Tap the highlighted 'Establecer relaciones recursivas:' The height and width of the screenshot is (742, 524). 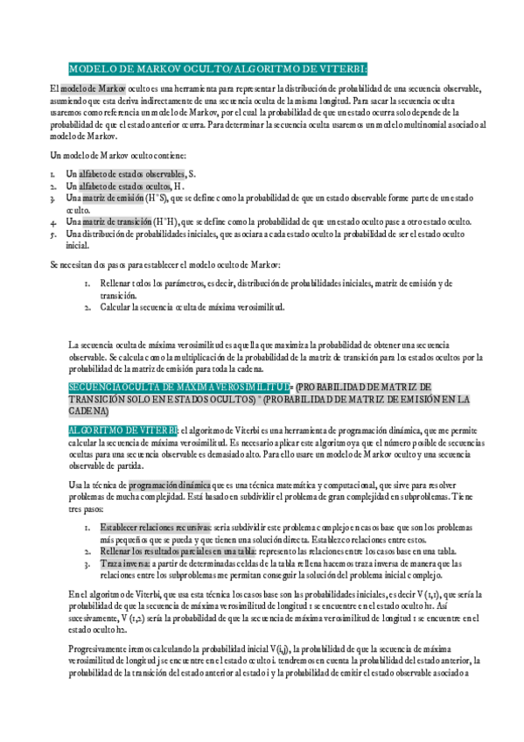click(155, 528)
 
